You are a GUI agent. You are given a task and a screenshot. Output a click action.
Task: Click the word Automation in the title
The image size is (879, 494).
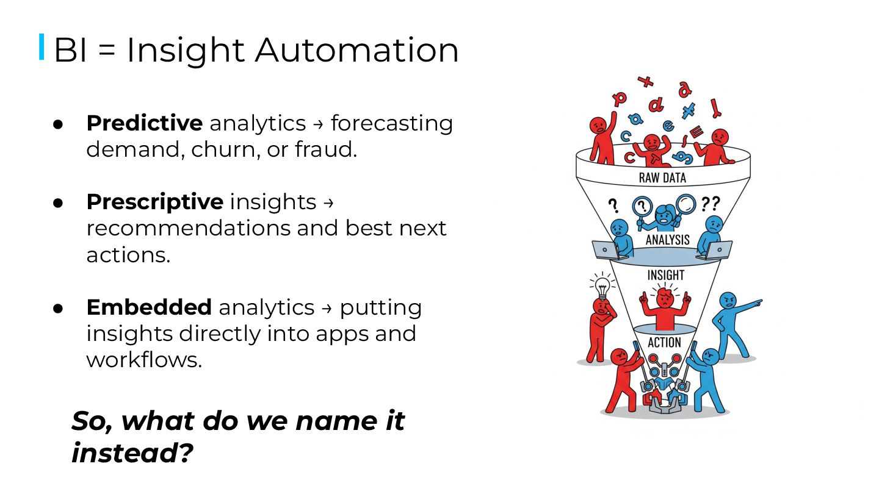point(356,50)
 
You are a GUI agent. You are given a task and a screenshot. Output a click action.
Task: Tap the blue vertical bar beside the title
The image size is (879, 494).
point(42,47)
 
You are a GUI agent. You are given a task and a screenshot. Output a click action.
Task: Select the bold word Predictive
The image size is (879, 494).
point(144,123)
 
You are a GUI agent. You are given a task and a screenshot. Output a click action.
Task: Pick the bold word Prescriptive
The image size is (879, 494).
point(154,202)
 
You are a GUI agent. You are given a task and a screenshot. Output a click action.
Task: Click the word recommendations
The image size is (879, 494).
point(188,228)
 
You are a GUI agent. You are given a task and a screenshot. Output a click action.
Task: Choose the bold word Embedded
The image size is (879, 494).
point(149,307)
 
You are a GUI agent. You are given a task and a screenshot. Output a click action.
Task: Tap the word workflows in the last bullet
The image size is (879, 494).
point(143,360)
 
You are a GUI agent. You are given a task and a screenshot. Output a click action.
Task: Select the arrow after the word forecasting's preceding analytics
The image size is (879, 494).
point(318,124)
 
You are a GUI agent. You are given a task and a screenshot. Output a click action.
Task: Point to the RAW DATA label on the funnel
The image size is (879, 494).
point(662,178)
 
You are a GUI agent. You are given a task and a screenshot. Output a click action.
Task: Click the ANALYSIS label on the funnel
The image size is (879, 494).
point(667,240)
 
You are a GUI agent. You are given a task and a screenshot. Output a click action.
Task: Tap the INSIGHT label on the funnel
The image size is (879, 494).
point(666,275)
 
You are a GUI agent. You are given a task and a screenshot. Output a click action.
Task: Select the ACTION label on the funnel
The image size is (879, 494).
point(664,343)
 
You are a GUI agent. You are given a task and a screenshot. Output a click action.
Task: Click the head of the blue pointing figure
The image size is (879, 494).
point(728,301)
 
